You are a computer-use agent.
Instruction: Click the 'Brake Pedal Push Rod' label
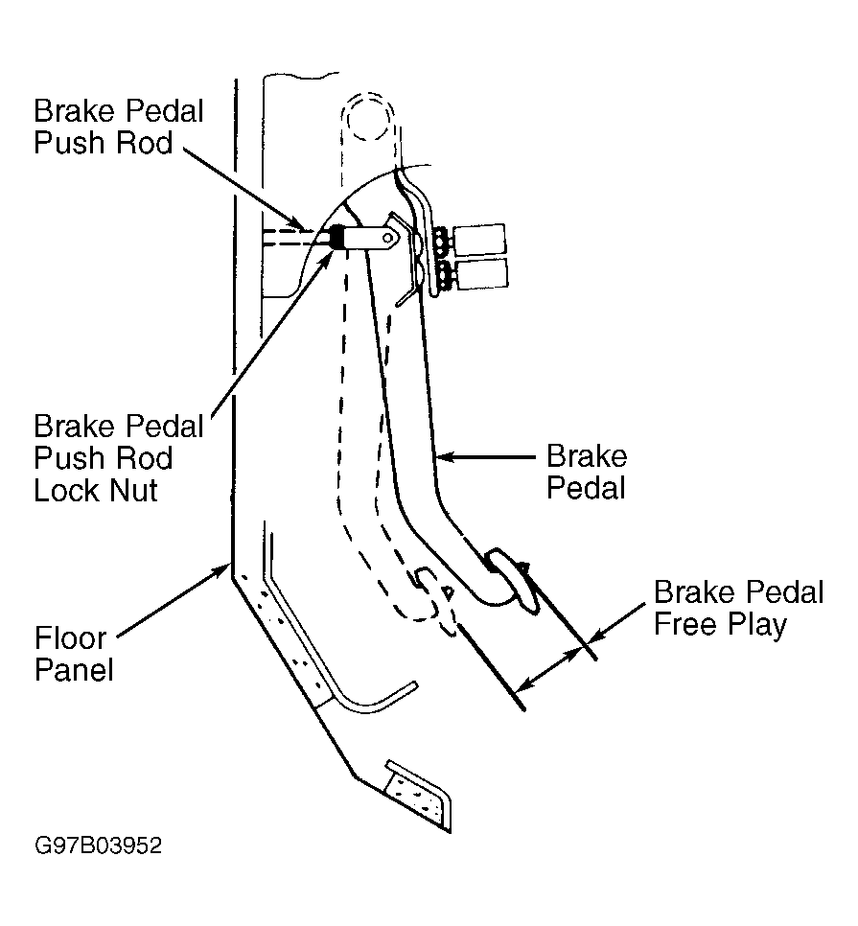(119, 127)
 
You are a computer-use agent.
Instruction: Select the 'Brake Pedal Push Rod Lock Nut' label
(119, 457)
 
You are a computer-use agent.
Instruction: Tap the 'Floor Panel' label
(73, 653)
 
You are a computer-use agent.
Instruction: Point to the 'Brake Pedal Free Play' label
(738, 609)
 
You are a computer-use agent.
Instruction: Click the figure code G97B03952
(98, 845)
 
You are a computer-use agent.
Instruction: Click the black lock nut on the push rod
(337, 237)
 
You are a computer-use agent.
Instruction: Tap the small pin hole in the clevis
(387, 238)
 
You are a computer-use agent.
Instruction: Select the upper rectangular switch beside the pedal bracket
(479, 240)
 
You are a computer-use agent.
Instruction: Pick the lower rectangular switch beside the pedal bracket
(482, 273)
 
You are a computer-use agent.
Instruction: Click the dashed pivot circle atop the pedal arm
(367, 118)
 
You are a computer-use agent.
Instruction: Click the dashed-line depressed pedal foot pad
(436, 601)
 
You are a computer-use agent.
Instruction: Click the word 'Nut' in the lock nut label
(135, 490)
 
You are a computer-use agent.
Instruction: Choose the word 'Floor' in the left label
(70, 637)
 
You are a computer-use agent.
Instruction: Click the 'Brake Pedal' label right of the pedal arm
(587, 472)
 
